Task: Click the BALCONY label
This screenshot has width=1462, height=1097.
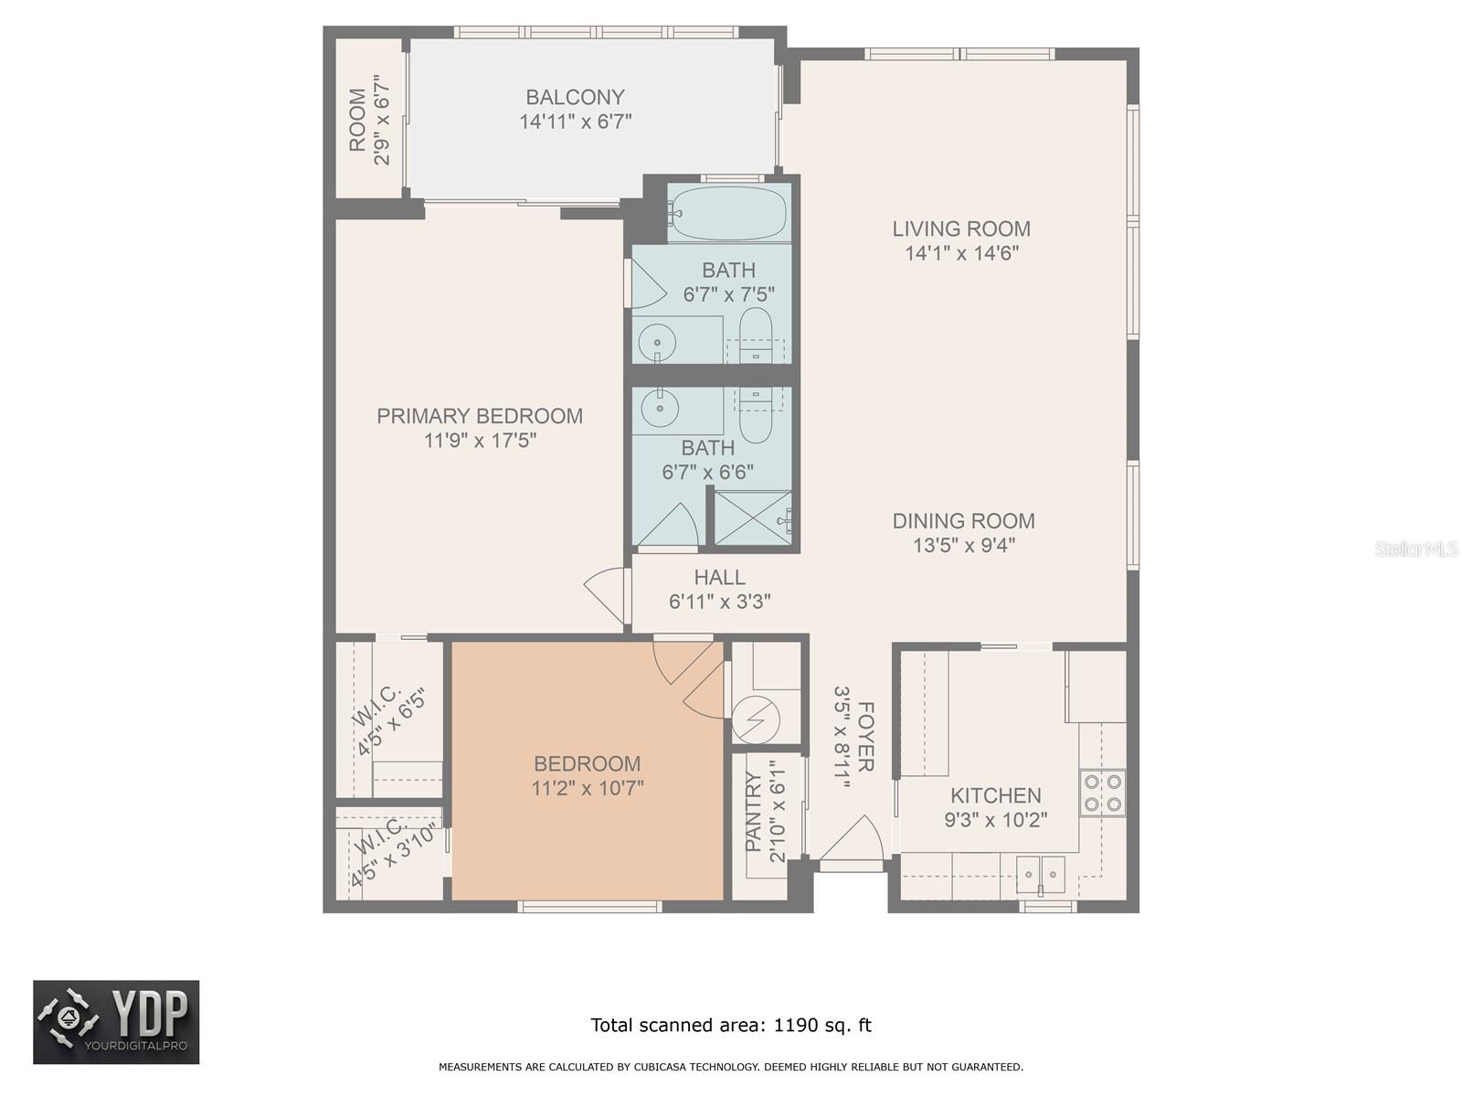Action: [x=575, y=97]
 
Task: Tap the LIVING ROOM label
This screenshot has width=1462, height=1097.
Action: [x=961, y=229]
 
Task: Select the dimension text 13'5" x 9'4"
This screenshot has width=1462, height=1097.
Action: [x=963, y=546]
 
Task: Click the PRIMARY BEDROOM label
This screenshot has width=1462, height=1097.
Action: [x=480, y=416]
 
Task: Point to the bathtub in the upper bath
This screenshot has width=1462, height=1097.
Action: [x=728, y=213]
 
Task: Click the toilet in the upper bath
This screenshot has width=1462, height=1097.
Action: [x=756, y=335]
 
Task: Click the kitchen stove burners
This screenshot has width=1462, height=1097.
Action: [x=1102, y=793]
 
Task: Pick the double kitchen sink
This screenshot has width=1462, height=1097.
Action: [x=1040, y=874]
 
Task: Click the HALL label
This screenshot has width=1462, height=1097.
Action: [x=719, y=577]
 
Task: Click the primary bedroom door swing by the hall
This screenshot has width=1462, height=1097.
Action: [x=607, y=595]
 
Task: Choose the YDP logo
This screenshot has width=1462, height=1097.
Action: [x=116, y=1022]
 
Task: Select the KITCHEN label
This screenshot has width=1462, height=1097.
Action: [x=996, y=795]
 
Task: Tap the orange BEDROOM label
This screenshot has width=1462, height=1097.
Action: [x=587, y=763]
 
